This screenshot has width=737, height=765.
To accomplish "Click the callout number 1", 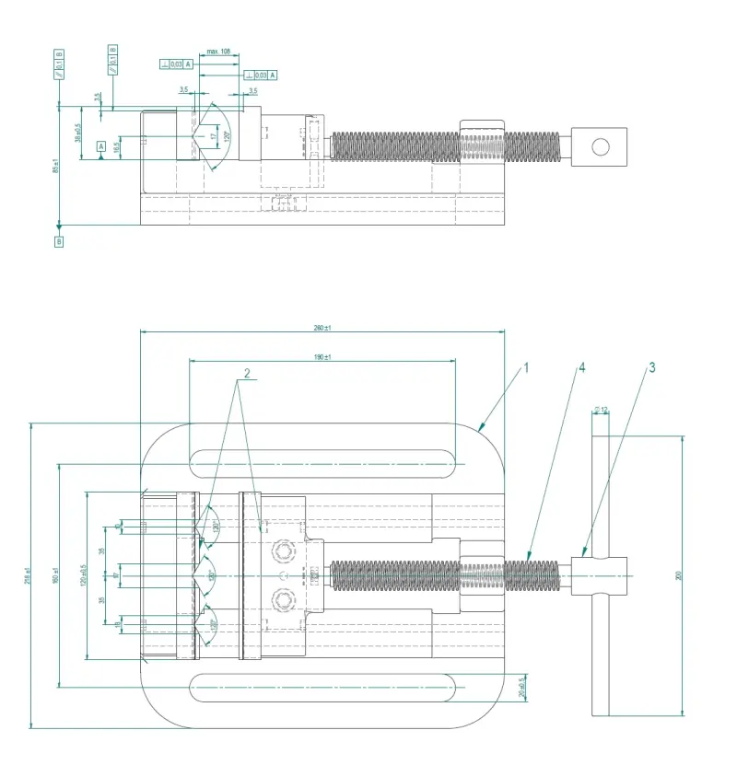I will [526, 367].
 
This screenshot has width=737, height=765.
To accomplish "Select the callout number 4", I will [581, 367].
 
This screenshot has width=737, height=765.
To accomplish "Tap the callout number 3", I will [651, 367].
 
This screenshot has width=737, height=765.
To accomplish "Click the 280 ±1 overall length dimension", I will [322, 329].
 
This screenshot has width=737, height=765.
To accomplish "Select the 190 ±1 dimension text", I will [322, 357].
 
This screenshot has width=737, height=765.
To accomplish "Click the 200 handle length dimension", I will [678, 575].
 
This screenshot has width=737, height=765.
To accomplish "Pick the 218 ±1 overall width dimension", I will [27, 574].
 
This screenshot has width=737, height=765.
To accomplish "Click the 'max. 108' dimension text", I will [218, 52].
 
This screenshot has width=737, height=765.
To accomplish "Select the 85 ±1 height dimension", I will [54, 166].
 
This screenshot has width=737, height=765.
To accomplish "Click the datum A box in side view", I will [100, 145].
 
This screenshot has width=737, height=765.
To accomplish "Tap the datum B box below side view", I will [59, 241].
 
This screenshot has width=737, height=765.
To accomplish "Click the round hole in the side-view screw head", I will [601, 146].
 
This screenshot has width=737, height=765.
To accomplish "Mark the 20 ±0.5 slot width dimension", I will [521, 686].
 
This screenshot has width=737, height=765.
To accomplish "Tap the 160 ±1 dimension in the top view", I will [54, 574].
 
